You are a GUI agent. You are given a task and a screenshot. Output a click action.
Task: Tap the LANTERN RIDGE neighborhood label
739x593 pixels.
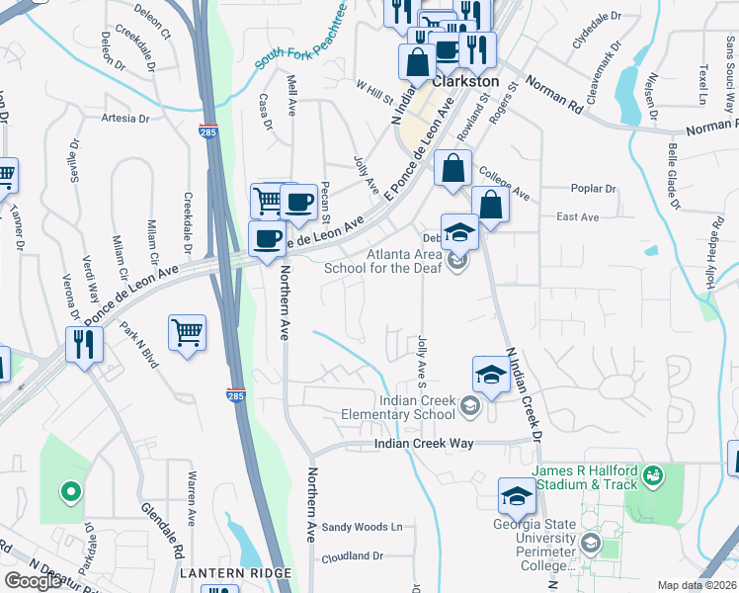(234, 573)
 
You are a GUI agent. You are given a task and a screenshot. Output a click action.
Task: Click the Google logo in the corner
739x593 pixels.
(33, 581)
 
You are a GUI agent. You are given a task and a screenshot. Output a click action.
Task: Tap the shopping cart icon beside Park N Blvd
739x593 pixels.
(187, 332)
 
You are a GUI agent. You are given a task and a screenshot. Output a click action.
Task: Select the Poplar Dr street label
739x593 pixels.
(593, 189)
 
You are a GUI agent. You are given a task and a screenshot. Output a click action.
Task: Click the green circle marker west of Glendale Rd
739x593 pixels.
(69, 489)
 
